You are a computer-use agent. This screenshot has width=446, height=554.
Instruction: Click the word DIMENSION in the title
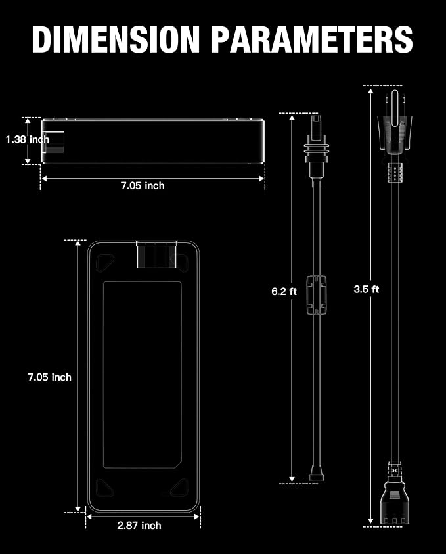pos(116,39)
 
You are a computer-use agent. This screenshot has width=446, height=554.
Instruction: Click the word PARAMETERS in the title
pos(312,39)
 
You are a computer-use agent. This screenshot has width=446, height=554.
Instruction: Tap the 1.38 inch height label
pos(28,139)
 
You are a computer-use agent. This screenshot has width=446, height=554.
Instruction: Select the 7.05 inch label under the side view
pos(143,185)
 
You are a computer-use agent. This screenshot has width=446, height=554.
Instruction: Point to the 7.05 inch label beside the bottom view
pos(49,377)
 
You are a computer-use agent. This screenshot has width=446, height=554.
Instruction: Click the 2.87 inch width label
pos(139,525)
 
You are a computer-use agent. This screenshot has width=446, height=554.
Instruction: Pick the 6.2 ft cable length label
pos(284,291)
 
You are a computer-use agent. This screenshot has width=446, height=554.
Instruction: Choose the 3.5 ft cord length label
pos(367,289)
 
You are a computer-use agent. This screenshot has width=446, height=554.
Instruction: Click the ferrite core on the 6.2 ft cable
pos(316,294)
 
